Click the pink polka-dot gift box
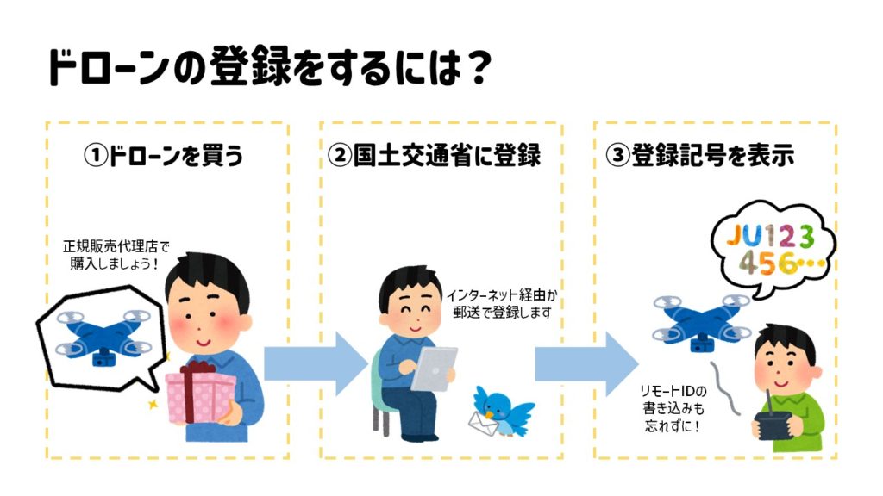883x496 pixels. click(201, 395)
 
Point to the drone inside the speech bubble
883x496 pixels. click(96, 332)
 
